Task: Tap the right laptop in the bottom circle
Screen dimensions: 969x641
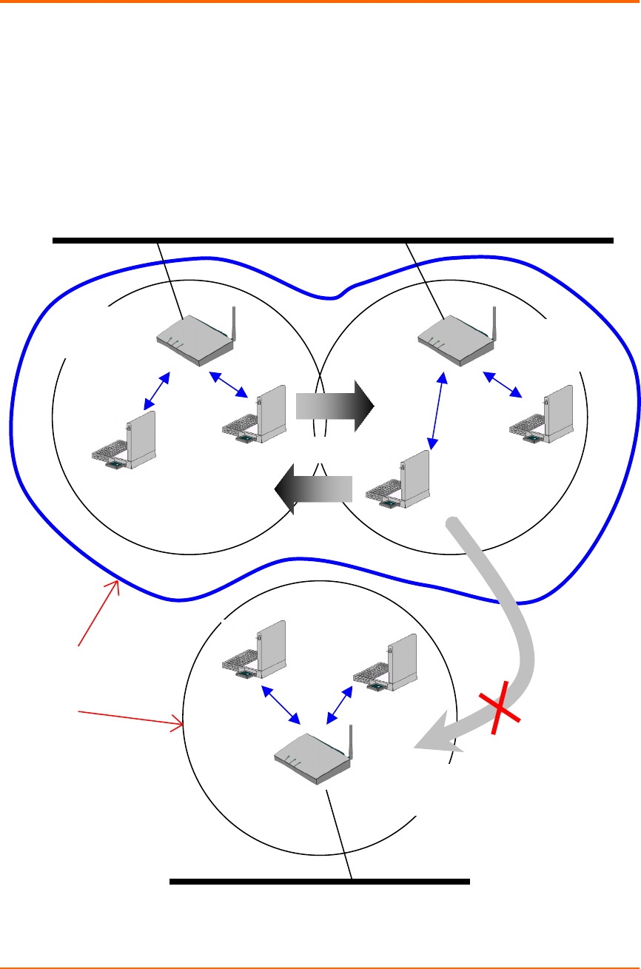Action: pyautogui.click(x=381, y=659)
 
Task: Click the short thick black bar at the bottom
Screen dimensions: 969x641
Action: pyautogui.click(x=320, y=882)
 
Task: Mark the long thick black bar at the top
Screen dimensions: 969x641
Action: pyautogui.click(x=333, y=241)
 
